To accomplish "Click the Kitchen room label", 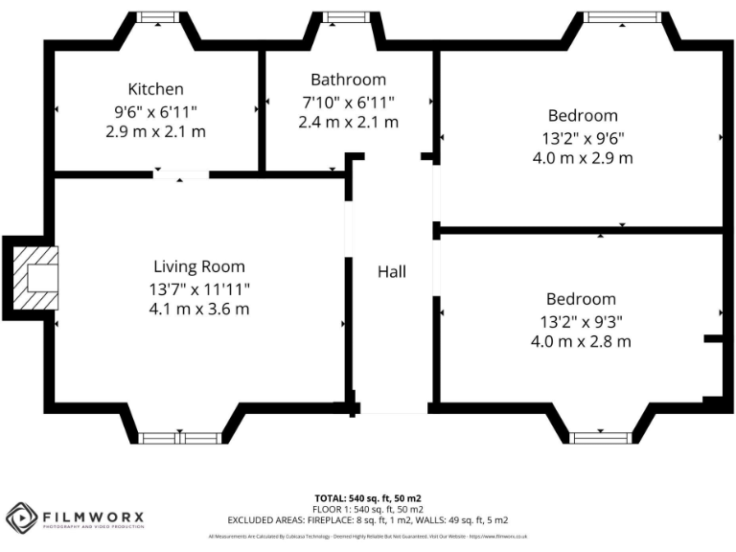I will click(x=155, y=89).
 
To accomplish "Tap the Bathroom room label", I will click(x=348, y=80).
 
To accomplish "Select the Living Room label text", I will click(x=199, y=266).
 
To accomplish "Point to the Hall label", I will click(x=391, y=272).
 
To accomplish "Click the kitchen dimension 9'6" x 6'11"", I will click(x=155, y=110).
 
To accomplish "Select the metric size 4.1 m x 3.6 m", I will click(x=199, y=309).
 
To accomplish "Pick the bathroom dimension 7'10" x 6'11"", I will click(x=348, y=102).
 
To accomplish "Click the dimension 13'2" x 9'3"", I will click(x=581, y=320).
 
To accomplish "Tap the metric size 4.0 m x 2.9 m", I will click(x=582, y=158).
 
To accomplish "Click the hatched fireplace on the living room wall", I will click(x=34, y=278).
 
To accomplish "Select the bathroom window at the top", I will click(x=339, y=17).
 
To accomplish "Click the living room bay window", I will click(x=179, y=438).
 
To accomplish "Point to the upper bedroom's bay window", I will click(x=622, y=17).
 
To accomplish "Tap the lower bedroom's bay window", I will click(x=601, y=438).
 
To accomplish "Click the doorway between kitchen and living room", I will click(x=181, y=174).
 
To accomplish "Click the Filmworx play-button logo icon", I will click(x=21, y=518).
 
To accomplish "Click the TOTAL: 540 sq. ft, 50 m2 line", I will click(x=368, y=498).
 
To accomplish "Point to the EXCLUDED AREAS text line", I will click(x=368, y=519).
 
